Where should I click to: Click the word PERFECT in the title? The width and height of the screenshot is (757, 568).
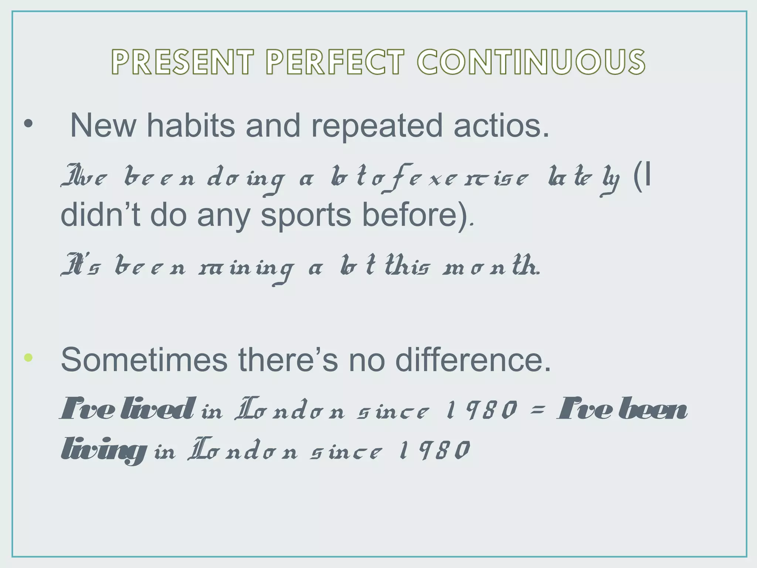coord(335,62)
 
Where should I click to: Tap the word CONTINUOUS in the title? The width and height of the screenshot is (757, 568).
coord(532,62)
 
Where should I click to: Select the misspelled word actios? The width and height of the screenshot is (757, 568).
coord(501,126)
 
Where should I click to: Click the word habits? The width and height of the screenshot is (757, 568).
coord(191,126)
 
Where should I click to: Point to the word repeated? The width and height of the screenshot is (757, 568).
coord(377,126)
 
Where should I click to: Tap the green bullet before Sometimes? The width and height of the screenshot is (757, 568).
coord(28,358)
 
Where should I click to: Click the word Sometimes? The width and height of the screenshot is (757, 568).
coord(144,360)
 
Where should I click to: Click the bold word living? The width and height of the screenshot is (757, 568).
coord(102,450)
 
